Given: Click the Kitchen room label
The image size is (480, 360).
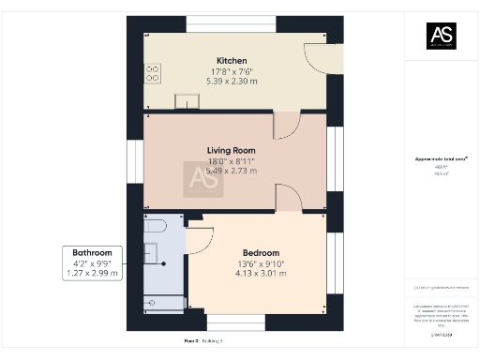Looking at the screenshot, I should point(231,61).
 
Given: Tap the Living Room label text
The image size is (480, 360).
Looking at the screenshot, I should point(231,150).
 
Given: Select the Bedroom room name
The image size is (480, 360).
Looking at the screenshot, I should point(261,253).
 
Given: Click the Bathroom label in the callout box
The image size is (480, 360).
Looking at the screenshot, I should point(92,253).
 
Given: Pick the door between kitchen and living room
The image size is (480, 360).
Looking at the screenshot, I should point(285,127).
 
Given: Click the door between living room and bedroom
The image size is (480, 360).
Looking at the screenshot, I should point(287,198).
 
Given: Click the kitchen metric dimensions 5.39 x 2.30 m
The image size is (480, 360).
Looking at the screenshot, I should point(231,82).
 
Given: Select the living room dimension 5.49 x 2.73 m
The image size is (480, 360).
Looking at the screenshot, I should point(231,171).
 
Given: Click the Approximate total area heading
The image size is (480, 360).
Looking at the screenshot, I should point(441,159).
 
